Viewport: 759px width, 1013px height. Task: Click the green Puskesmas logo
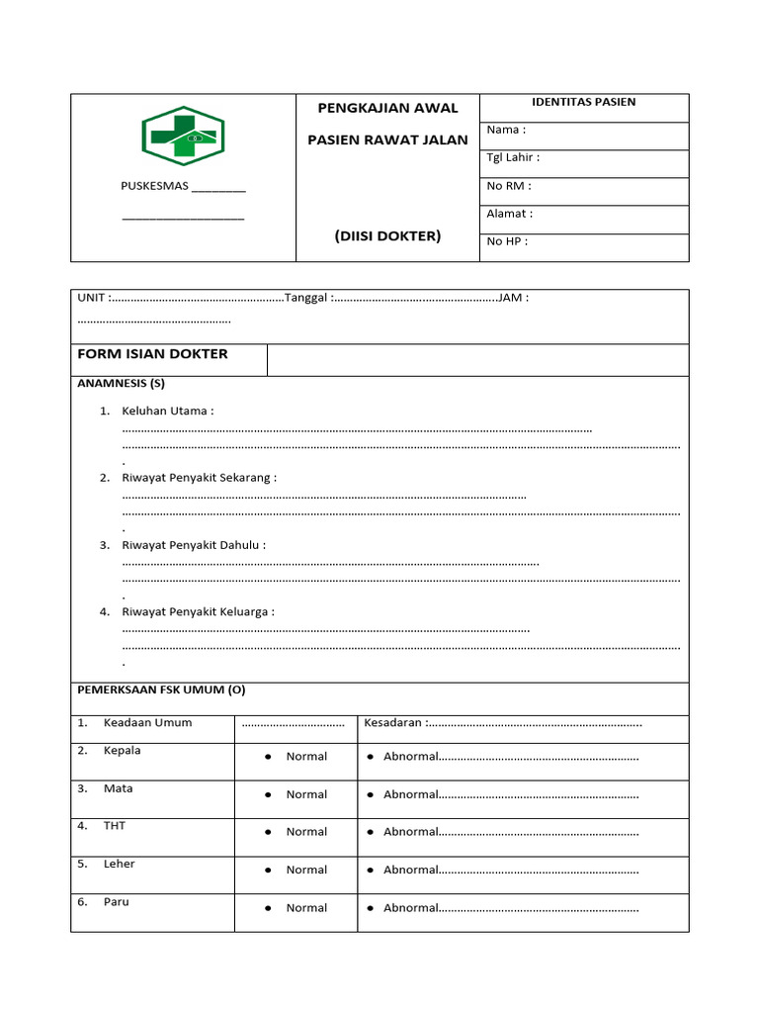(x=183, y=136)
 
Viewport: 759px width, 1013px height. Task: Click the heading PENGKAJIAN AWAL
(x=387, y=108)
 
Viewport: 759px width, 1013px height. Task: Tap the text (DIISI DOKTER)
(x=387, y=235)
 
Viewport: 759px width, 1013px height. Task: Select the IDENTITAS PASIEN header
(x=583, y=102)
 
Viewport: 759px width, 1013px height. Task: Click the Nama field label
(x=506, y=130)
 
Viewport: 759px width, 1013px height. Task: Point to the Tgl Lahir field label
(x=513, y=157)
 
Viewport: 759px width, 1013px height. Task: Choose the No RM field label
(x=508, y=185)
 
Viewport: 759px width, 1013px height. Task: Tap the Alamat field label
(x=509, y=213)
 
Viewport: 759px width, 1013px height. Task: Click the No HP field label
(x=507, y=240)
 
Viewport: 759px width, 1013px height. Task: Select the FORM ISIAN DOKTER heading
(x=152, y=354)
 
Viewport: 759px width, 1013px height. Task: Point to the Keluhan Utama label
(x=167, y=411)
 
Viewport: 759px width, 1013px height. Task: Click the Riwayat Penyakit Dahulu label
(x=194, y=544)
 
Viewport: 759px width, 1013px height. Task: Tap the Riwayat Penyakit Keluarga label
(x=198, y=611)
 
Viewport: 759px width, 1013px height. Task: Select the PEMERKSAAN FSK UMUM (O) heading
(x=161, y=690)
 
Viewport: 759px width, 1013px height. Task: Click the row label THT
(x=115, y=825)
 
